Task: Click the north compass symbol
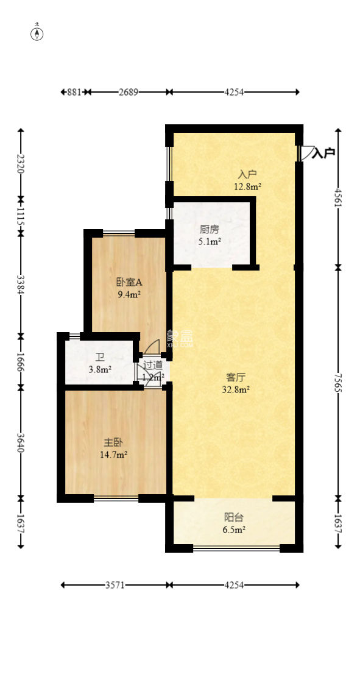pyautogui.click(x=37, y=33)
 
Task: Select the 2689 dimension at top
pyautogui.click(x=128, y=92)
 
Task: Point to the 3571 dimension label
pyautogui.click(x=115, y=585)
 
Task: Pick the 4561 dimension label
pyautogui.click(x=338, y=197)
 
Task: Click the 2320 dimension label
pyautogui.click(x=21, y=164)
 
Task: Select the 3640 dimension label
pyautogui.click(x=21, y=442)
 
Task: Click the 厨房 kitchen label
pyautogui.click(x=210, y=230)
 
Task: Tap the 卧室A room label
pyautogui.click(x=129, y=282)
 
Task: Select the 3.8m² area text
pyautogui.click(x=99, y=369)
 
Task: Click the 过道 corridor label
pyautogui.click(x=152, y=365)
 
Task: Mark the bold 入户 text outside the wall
pyautogui.click(x=324, y=153)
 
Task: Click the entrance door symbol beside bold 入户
pyautogui.click(x=305, y=153)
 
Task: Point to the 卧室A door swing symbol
pyautogui.click(x=151, y=347)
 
